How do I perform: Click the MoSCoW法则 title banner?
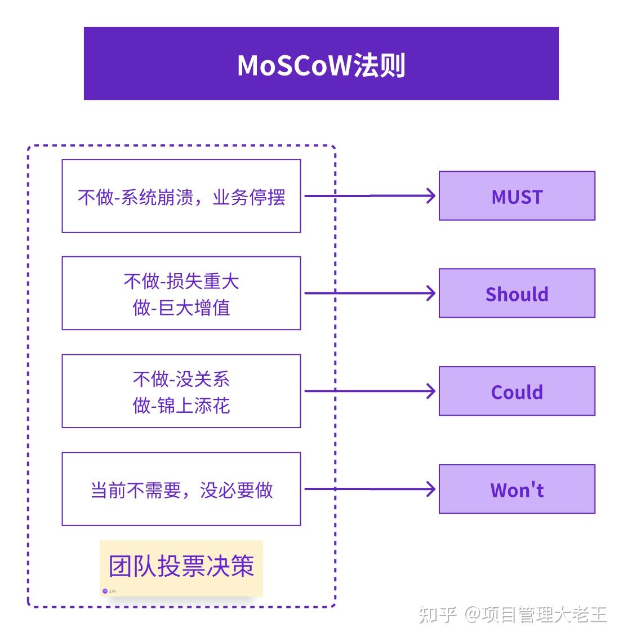[x=321, y=64]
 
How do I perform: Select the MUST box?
[x=517, y=195]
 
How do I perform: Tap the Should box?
[x=517, y=293]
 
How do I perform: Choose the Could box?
[x=517, y=391]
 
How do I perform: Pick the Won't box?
[x=517, y=489]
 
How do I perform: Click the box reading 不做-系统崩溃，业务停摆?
[x=181, y=196]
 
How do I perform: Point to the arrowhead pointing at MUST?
[x=431, y=195]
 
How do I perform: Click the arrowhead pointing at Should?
[x=431, y=293]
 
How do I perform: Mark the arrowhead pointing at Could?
[x=431, y=391]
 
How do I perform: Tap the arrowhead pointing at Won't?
[x=431, y=489]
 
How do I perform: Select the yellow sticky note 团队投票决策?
[x=181, y=567]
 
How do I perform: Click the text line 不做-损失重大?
[x=181, y=281]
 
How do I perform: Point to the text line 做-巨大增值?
[x=181, y=308]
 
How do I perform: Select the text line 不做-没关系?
[x=181, y=379]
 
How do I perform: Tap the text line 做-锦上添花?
[x=181, y=406]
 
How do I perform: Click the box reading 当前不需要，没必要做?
[x=181, y=489]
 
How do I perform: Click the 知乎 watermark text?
[x=438, y=614]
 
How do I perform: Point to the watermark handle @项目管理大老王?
[x=536, y=614]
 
